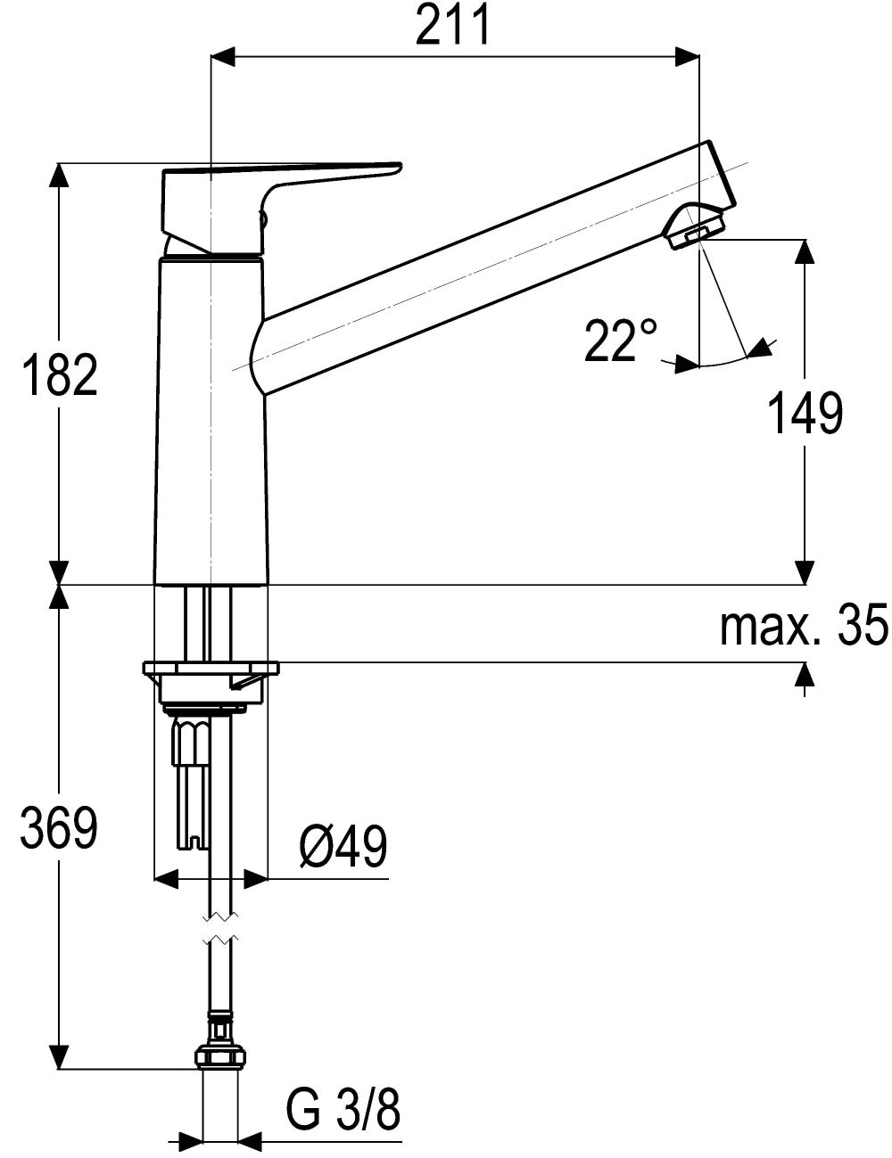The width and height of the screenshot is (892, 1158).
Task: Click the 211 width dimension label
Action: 452,26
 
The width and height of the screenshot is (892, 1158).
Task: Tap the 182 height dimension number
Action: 59,374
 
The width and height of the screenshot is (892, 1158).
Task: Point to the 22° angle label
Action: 620,341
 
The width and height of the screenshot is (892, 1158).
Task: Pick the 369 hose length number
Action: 59,828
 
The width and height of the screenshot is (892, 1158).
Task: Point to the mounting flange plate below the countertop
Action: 211,669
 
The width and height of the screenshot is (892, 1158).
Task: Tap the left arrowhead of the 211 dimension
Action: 223,56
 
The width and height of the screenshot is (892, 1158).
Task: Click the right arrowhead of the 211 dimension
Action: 687,56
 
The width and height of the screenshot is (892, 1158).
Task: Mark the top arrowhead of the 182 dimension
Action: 59,174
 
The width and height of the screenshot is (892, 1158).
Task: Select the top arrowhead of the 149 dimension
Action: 805,251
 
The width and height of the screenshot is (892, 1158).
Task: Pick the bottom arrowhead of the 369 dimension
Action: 59,1056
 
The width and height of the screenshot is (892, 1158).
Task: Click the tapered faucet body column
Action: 211,421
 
